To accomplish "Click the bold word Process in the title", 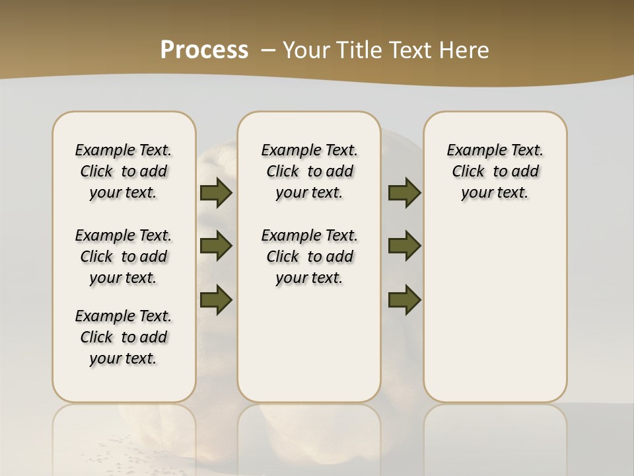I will click(204, 50).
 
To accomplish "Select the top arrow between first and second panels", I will click(216, 192).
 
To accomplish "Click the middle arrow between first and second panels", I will click(216, 246).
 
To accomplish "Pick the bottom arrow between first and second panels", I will click(216, 299).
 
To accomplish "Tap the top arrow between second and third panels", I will click(405, 192).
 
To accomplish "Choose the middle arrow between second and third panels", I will click(405, 246).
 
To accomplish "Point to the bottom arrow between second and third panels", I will click(405, 299).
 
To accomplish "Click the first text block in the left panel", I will click(123, 171).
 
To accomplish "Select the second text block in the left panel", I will click(123, 257).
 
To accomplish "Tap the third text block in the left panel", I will click(123, 337).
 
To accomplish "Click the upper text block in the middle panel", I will click(309, 171).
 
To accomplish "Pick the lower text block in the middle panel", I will click(309, 257).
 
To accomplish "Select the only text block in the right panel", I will click(495, 171).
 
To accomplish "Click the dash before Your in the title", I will click(268, 50).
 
